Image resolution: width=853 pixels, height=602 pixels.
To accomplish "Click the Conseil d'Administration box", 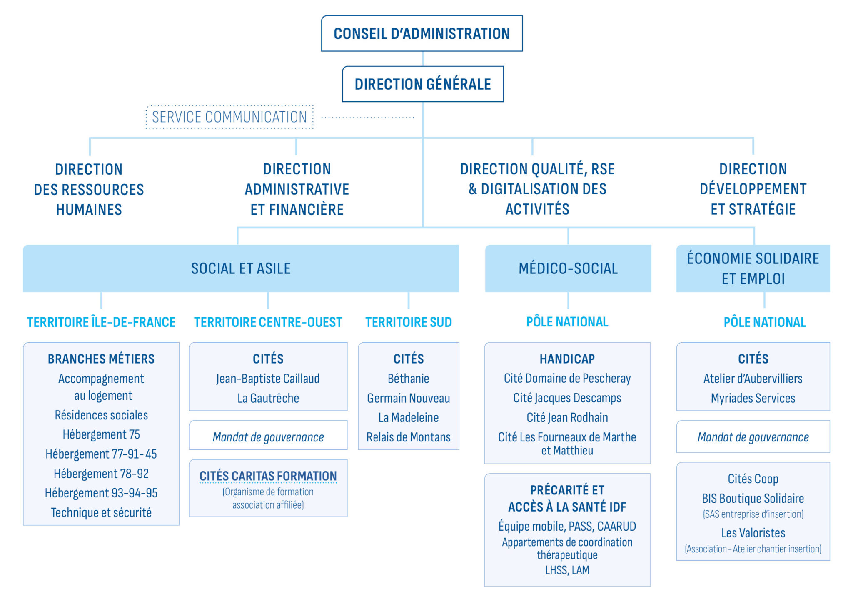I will [x=422, y=34].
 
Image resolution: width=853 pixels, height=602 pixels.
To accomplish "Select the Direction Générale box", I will [x=422, y=84].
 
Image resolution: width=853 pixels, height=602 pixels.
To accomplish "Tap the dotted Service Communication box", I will [x=229, y=117].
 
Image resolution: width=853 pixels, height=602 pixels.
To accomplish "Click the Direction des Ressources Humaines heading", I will [x=89, y=189].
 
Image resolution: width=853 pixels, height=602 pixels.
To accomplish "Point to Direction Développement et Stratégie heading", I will [x=753, y=189].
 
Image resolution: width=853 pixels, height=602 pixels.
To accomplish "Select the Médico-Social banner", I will [x=568, y=268].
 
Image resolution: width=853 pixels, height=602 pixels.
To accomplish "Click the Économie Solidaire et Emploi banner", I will [x=753, y=268].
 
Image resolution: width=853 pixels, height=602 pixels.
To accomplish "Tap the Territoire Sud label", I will [x=408, y=322].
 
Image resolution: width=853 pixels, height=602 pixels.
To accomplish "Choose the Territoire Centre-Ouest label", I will [x=268, y=322].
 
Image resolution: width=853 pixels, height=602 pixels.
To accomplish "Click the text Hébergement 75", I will [x=101, y=434].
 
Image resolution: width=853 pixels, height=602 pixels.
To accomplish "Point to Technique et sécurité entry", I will [x=101, y=512].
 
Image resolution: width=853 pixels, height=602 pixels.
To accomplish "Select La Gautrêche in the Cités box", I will [x=268, y=398].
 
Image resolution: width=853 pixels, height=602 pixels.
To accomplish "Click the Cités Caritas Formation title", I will [x=268, y=476].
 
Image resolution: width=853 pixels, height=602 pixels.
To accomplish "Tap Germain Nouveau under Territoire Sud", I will [x=408, y=398].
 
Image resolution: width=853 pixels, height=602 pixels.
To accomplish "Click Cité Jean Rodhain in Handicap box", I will [x=567, y=417].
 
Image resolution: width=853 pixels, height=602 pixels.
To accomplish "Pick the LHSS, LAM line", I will [x=567, y=570].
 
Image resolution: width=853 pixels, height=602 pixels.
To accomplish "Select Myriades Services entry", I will [x=753, y=398].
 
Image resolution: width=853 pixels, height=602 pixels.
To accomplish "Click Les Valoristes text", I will [x=753, y=533].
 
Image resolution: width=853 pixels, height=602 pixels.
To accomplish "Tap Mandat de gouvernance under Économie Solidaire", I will [x=753, y=437].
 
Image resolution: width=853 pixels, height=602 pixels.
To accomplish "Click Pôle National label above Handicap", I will [x=567, y=322].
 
